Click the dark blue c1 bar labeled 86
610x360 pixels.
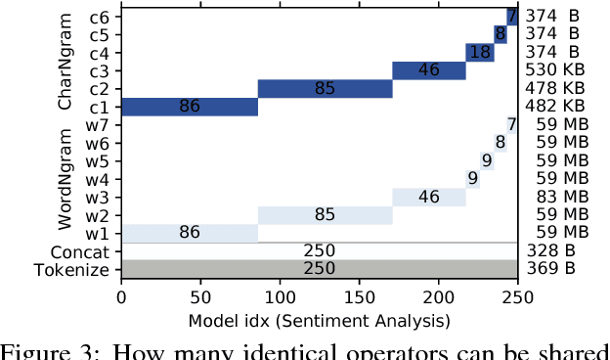point(189,107)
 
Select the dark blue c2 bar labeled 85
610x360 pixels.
point(325,89)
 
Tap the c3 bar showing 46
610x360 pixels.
point(428,70)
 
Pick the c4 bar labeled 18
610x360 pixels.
point(479,53)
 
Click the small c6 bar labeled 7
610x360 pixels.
point(511,16)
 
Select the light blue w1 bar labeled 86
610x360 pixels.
point(189,233)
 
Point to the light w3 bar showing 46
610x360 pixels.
point(428,197)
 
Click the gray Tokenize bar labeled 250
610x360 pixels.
point(319,269)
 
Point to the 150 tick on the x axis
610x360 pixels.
point(359,294)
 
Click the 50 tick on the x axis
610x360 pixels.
point(200,294)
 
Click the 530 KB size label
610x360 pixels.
point(554,70)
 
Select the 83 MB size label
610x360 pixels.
point(554,197)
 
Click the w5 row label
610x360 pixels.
point(98,160)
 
